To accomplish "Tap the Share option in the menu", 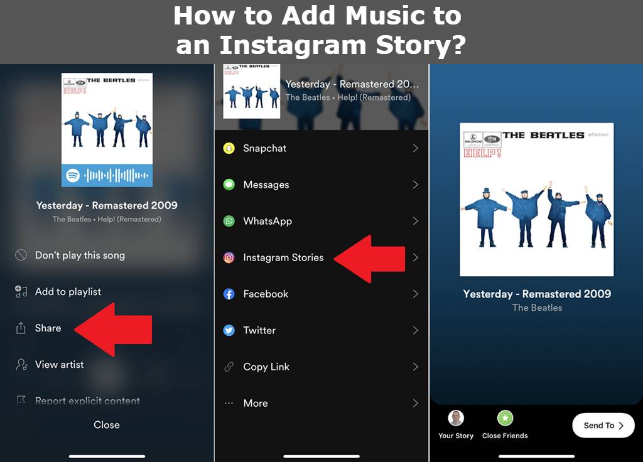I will [x=48, y=328].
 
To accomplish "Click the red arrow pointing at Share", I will [x=116, y=329].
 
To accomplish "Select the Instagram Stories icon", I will [x=229, y=257].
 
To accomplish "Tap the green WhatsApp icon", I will [x=229, y=221].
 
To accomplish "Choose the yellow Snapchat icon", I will [x=229, y=148].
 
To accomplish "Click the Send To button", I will [x=603, y=425].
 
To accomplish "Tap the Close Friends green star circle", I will [x=505, y=418].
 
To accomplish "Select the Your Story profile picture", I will [x=456, y=418].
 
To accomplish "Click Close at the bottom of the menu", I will [x=107, y=425].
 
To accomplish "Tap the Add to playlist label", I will [x=68, y=292].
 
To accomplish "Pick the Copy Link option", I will [x=266, y=367].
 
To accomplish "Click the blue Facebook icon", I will [x=229, y=294].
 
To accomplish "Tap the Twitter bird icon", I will [x=229, y=330].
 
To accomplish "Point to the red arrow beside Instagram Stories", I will [x=371, y=259].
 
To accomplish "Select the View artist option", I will [x=59, y=365].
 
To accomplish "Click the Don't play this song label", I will [x=80, y=255].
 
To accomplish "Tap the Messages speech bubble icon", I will [x=229, y=185].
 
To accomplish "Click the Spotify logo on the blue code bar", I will [x=73, y=175].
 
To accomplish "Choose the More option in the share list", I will [x=255, y=403].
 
